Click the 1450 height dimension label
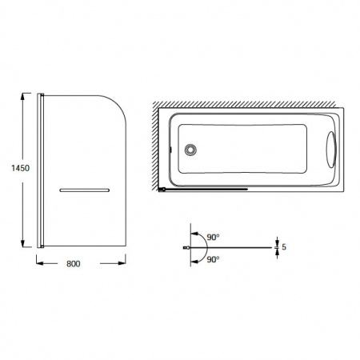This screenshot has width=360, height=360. click(x=20, y=168)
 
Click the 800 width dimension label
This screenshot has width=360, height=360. click(x=74, y=264)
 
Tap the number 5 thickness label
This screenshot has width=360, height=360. click(x=284, y=247)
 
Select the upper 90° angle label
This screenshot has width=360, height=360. click(x=213, y=237)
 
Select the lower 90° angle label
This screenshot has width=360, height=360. click(x=213, y=259)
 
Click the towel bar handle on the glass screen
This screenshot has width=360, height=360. click(x=84, y=190)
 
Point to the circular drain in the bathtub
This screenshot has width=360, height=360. click(x=190, y=149)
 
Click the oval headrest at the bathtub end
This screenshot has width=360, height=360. click(x=331, y=150)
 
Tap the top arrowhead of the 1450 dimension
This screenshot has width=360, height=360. click(x=23, y=97)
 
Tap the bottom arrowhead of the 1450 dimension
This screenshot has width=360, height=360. click(x=23, y=243)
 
